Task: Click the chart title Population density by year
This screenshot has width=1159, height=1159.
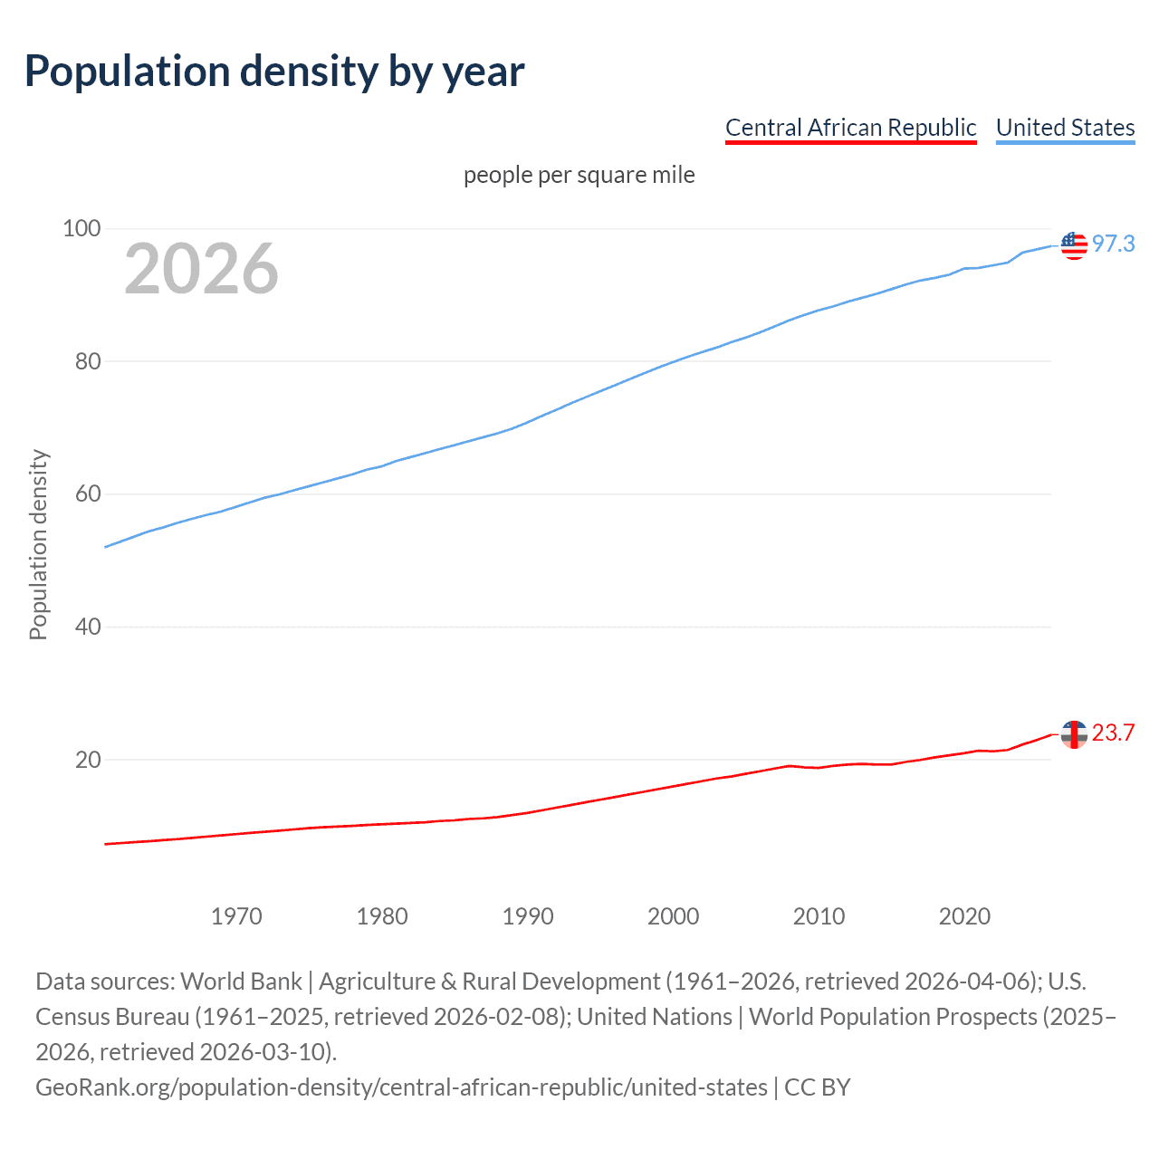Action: [x=274, y=72]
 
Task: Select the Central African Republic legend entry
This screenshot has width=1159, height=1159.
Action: [x=850, y=128]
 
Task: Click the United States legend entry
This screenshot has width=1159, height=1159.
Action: [x=1065, y=128]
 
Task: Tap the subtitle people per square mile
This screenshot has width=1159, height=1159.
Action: [x=579, y=175]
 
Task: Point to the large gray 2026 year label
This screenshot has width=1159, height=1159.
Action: [x=201, y=269]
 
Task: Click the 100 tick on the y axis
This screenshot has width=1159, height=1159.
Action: [x=81, y=228]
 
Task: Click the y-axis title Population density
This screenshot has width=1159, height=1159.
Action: [x=38, y=545]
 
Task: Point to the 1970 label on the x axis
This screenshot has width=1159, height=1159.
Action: [x=236, y=916]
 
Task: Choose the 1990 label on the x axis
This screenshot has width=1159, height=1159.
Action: [x=528, y=916]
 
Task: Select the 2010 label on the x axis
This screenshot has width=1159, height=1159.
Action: [x=819, y=916]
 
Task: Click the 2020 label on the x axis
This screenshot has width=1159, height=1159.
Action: [x=964, y=916]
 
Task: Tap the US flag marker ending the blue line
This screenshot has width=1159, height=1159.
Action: [x=1074, y=245]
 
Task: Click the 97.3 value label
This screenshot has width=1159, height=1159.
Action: [x=1113, y=244]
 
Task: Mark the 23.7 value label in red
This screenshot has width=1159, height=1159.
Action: [x=1113, y=733]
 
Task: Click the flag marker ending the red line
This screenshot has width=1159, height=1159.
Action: [x=1074, y=734]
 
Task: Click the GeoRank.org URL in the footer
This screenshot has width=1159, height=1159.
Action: [x=401, y=1087]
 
